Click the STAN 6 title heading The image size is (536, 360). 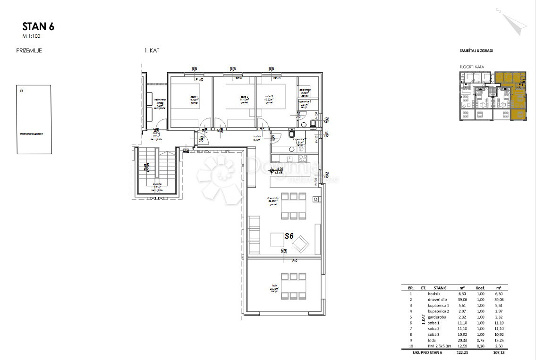coord(38,26)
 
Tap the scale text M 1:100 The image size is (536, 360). coord(32,36)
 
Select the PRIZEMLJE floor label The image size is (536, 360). coord(29,50)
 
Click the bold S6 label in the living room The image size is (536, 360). coord(289,236)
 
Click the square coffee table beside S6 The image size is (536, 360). coord(277,240)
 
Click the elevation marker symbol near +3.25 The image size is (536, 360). coord(271,171)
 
